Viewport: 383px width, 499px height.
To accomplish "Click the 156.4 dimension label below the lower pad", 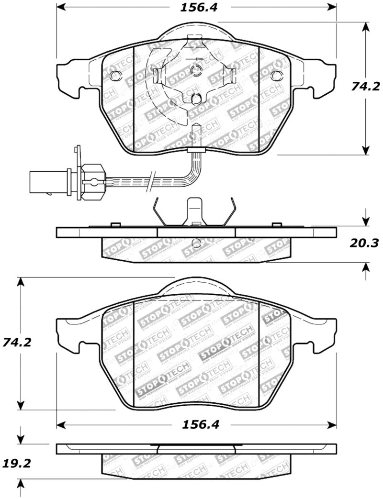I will [x=196, y=424].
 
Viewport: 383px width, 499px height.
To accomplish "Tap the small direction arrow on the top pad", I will [x=194, y=59].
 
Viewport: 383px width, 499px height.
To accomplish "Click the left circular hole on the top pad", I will [x=115, y=76].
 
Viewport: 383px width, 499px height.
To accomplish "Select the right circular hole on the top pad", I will [x=276, y=76].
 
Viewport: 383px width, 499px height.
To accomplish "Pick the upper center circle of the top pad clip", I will [x=195, y=71].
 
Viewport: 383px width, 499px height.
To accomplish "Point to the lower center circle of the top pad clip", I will [x=196, y=99].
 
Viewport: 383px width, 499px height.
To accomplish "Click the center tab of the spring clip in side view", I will [x=194, y=211].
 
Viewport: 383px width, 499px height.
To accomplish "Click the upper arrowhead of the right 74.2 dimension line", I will [x=366, y=27].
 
